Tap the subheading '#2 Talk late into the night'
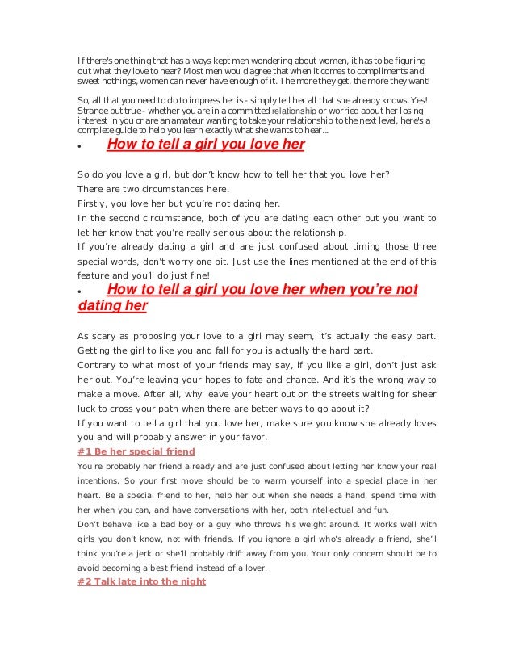(x=142, y=581)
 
